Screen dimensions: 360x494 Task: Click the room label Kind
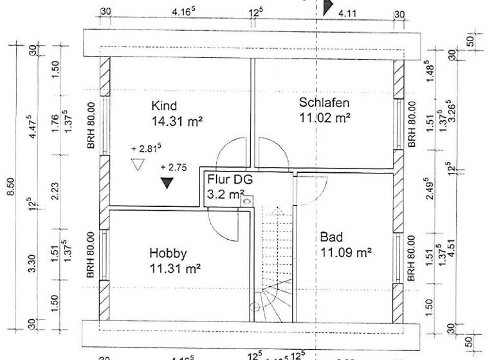tap(164, 106)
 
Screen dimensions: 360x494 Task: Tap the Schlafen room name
tap(324, 103)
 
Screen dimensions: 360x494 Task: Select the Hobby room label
tap(167, 252)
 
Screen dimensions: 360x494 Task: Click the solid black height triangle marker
tap(167, 183)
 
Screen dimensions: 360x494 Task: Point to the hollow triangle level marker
tap(136, 165)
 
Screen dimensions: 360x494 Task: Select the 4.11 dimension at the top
tap(347, 12)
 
